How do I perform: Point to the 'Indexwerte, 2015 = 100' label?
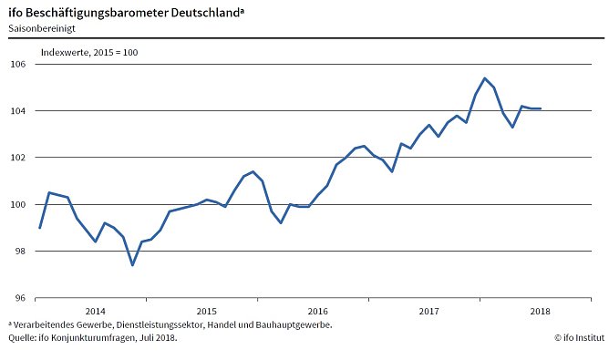pos(89,52)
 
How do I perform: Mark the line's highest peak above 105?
pos(484,78)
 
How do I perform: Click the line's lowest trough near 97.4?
pos(132,265)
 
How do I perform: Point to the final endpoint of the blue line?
pos(541,108)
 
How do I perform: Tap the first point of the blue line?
pos(40,228)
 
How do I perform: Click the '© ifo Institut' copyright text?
pos(578,337)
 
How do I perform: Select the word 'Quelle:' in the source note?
pos(24,337)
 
